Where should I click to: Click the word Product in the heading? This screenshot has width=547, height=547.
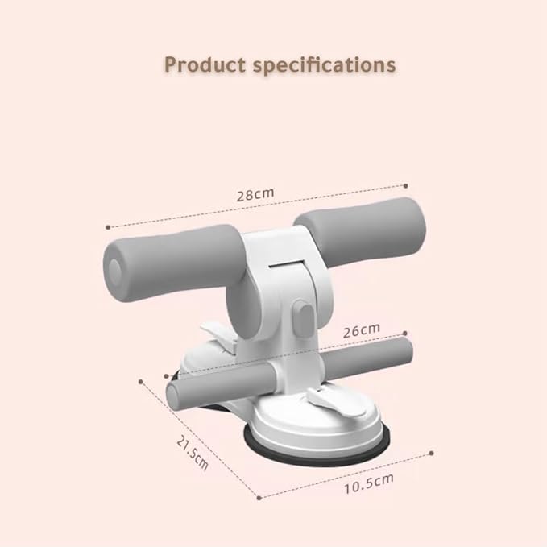click(205, 64)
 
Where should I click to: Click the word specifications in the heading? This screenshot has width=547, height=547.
click(325, 65)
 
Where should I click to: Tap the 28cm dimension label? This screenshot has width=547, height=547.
click(255, 194)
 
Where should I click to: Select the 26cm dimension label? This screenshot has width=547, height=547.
click(362, 330)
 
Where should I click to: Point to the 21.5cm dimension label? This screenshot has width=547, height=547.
click(193, 454)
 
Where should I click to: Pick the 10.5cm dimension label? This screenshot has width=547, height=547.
click(369, 483)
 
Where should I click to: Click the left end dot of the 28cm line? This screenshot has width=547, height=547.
click(108, 227)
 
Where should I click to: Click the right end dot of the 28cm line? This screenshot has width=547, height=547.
click(405, 186)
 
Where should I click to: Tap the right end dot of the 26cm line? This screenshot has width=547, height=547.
click(404, 334)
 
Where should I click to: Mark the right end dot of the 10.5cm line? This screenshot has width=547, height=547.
click(432, 454)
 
